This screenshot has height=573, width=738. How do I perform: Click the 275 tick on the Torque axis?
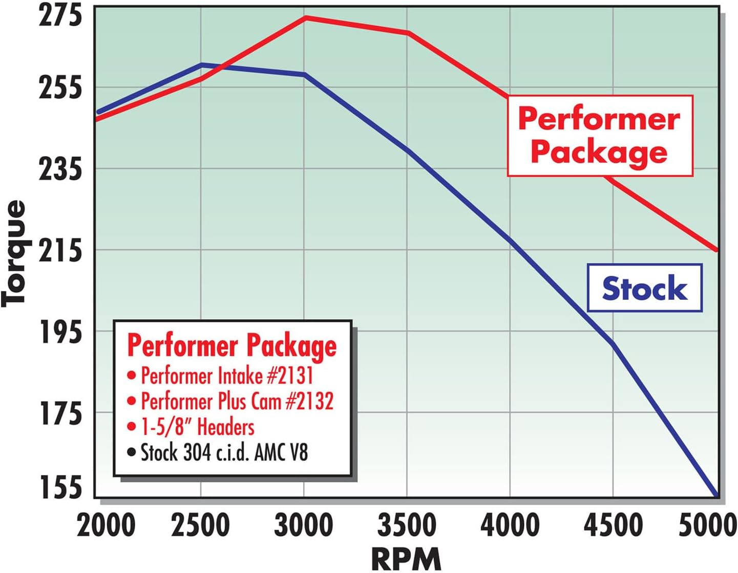click(x=60, y=16)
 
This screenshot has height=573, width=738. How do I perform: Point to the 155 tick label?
click(x=60, y=487)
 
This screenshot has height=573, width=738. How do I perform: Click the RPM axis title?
click(x=406, y=559)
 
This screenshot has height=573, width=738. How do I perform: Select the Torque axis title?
click(x=14, y=253)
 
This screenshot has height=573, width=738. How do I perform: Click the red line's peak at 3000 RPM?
click(x=305, y=18)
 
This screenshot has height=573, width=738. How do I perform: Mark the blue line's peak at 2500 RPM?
click(x=202, y=65)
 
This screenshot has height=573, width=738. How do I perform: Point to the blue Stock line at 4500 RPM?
click(x=613, y=343)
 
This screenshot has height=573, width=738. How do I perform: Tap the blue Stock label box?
click(x=644, y=288)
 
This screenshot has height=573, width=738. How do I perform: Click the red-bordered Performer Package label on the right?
click(x=600, y=136)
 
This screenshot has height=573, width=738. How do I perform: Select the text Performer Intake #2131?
click(x=227, y=376)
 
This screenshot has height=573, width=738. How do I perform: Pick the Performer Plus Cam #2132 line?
click(x=237, y=402)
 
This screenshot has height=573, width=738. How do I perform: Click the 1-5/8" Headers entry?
click(x=198, y=427)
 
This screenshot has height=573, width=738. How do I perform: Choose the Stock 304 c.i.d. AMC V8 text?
click(x=224, y=452)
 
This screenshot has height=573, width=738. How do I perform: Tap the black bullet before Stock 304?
click(x=132, y=452)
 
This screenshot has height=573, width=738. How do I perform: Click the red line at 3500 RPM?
click(x=408, y=33)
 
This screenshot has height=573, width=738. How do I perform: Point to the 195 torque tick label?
click(x=60, y=333)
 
